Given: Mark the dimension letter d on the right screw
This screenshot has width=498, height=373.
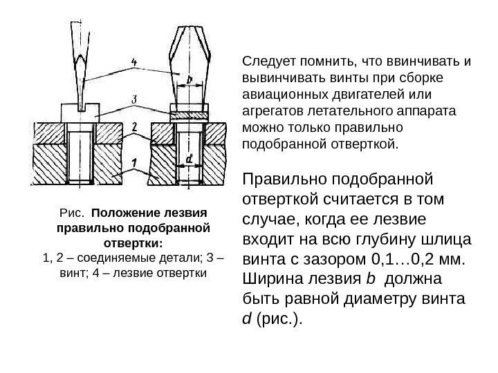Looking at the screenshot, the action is (x=188, y=160).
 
